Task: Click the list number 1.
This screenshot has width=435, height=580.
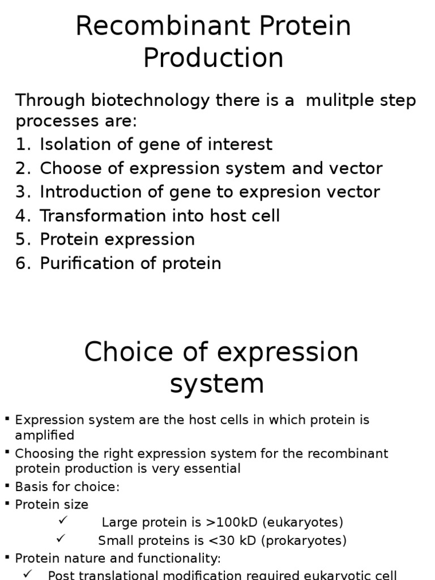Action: (x=22, y=144)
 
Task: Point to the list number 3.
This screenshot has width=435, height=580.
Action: (x=22, y=192)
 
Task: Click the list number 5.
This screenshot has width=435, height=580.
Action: (x=22, y=240)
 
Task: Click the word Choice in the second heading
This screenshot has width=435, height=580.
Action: (x=123, y=352)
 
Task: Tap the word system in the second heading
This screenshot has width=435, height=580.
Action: (x=217, y=383)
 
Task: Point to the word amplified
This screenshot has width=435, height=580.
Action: (x=45, y=435)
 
